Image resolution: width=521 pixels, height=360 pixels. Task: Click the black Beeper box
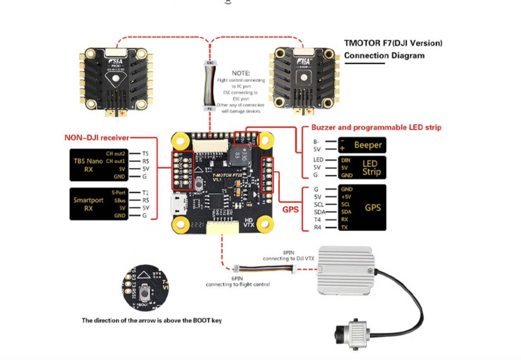pyautogui.click(x=362, y=145)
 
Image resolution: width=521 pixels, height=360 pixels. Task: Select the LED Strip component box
pyautogui.click(x=362, y=167)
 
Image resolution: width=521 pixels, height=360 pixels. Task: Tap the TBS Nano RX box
pyautogui.click(x=99, y=165)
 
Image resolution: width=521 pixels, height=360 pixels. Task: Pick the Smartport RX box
pyautogui.click(x=99, y=204)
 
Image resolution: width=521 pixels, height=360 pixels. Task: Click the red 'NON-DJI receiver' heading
pyautogui.click(x=97, y=138)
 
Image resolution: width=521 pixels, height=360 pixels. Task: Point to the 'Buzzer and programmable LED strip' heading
pyautogui.click(x=376, y=127)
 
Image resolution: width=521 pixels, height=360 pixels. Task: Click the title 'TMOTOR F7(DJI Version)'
pyautogui.click(x=393, y=43)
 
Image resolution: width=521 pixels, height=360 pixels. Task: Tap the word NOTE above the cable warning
pyautogui.click(x=241, y=73)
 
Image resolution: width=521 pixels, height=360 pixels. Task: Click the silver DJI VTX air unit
pyautogui.click(x=346, y=270)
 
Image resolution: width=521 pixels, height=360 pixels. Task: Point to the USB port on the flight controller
pyautogui.click(x=179, y=204)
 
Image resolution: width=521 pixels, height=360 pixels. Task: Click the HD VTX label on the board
pyautogui.click(x=249, y=223)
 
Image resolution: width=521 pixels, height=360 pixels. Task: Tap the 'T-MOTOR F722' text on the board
pyautogui.click(x=227, y=175)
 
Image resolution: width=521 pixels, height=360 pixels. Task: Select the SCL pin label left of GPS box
pyautogui.click(x=319, y=204)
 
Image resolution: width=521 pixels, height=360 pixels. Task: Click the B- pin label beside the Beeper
pyautogui.click(x=317, y=142)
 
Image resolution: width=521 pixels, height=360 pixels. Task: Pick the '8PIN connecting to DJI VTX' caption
pyautogui.click(x=288, y=256)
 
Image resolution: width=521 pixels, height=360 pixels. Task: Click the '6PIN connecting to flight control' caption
pyautogui.click(x=237, y=282)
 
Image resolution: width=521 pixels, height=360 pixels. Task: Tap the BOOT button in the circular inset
pyautogui.click(x=145, y=292)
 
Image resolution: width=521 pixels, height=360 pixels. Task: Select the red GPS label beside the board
pyautogui.click(x=290, y=209)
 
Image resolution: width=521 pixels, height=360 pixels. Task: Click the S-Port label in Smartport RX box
pyautogui.click(x=118, y=193)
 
